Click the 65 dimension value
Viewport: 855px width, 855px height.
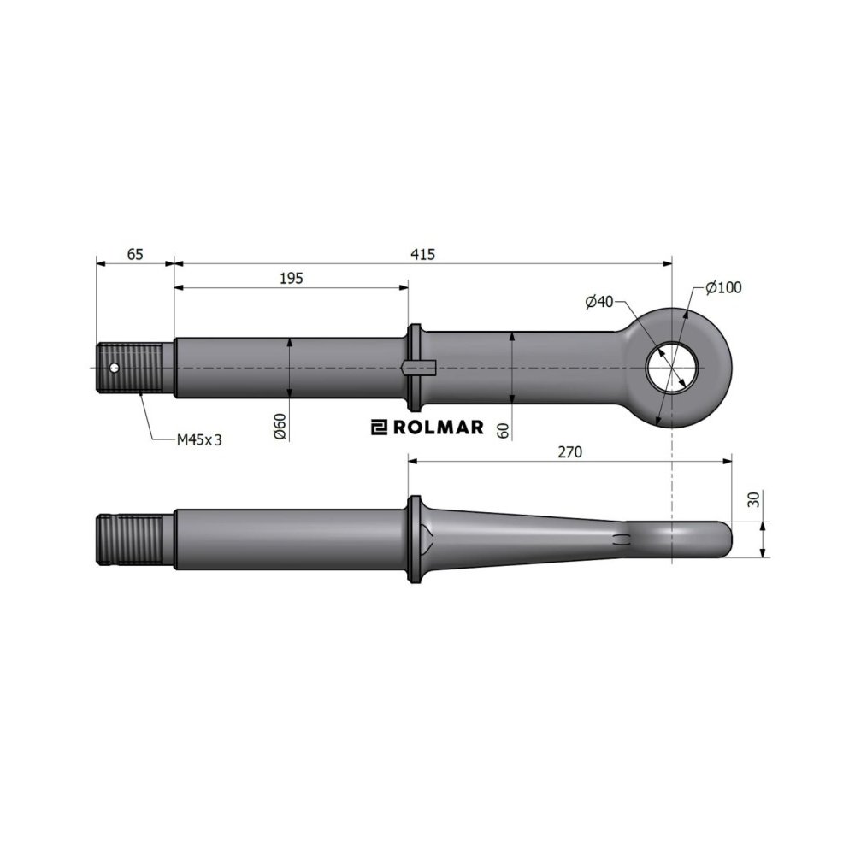pos(134,254)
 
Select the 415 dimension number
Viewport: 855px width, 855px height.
pos(423,254)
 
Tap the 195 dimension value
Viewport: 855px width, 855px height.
pos(292,278)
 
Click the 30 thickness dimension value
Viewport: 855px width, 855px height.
pos(752,499)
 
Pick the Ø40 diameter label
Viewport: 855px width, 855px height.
pos(599,301)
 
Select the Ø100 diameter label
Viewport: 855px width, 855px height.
pos(723,287)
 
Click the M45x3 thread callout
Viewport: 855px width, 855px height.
pos(199,439)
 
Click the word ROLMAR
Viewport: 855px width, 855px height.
pos(438,427)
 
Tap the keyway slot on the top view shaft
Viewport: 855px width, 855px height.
pos(419,368)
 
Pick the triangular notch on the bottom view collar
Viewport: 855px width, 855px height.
pos(429,537)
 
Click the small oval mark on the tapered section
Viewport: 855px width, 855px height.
pos(623,538)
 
